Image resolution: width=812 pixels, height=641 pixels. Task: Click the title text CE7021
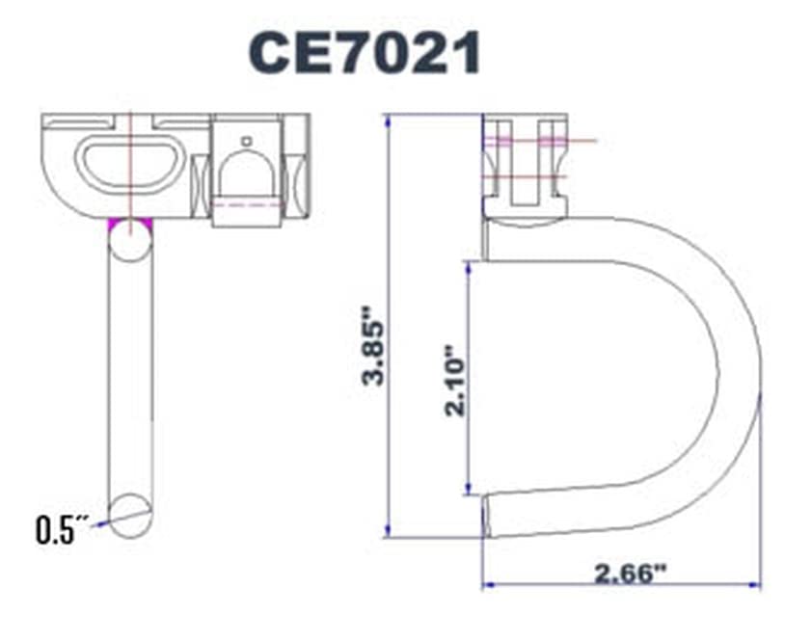pos(365,53)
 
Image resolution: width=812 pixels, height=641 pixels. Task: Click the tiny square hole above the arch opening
pos(247,141)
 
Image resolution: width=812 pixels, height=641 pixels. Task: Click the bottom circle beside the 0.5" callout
pos(130,512)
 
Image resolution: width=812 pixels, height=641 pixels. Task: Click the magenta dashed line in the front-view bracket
pos(246,204)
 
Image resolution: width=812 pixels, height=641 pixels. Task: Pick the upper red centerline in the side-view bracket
pos(540,141)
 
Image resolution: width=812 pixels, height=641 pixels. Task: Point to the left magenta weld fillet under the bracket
pos(113,224)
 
